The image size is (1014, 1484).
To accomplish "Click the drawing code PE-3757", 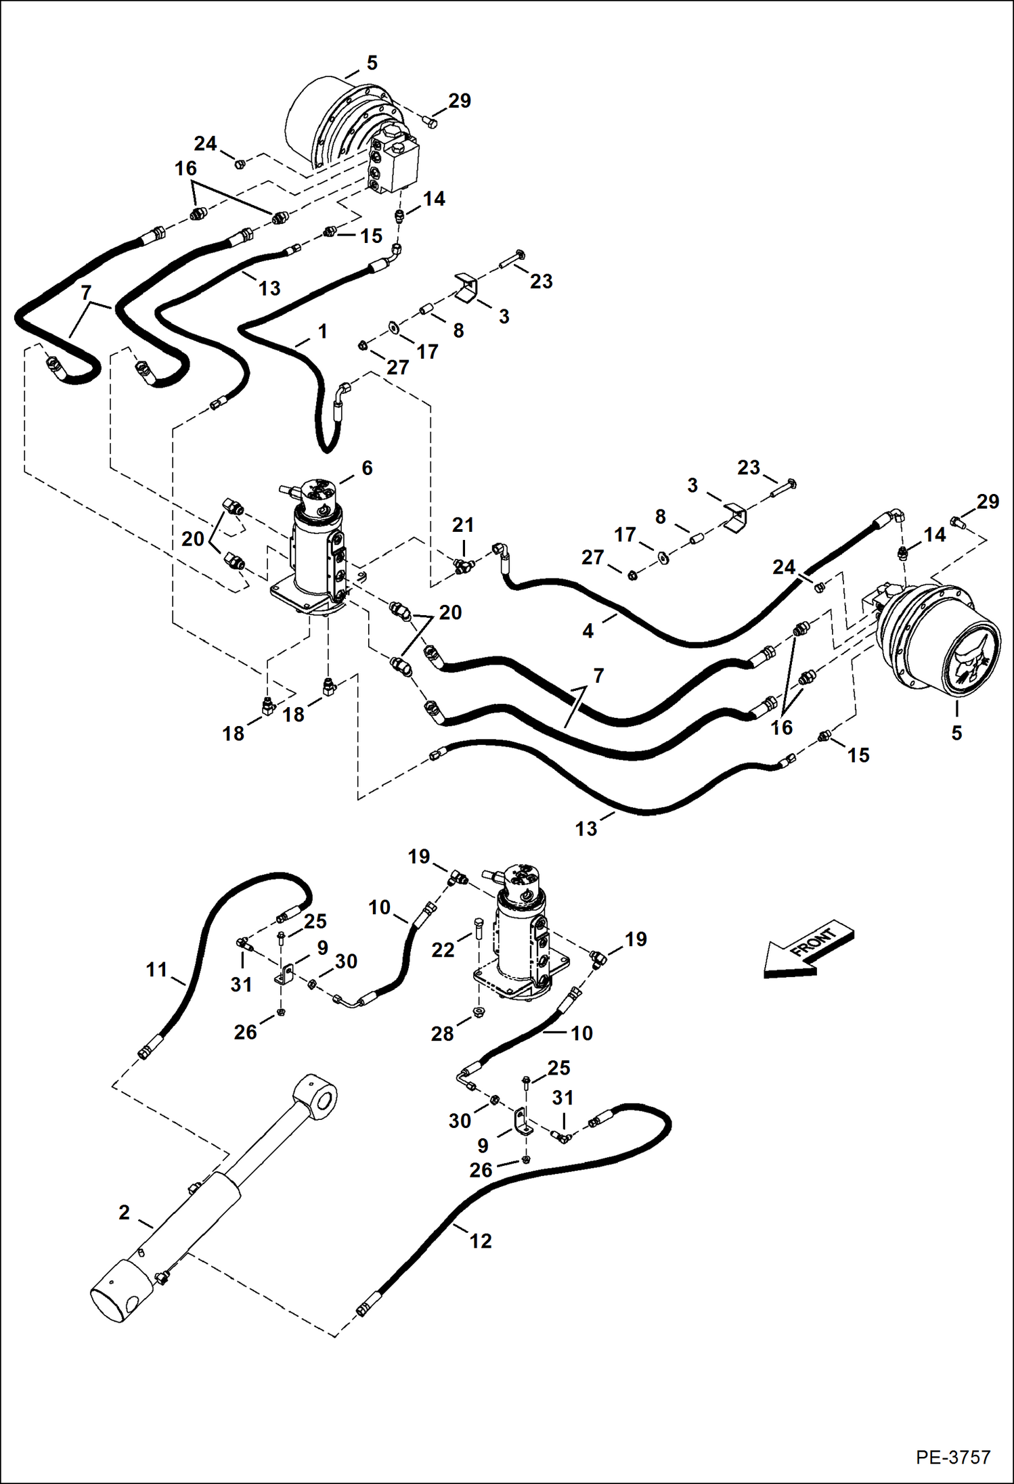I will tap(953, 1457).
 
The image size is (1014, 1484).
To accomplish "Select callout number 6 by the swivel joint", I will tap(367, 468).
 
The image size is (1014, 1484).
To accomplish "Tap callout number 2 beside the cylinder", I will tap(124, 1212).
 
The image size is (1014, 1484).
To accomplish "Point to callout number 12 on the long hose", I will tap(481, 1240).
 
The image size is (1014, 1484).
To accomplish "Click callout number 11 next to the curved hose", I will tap(156, 970).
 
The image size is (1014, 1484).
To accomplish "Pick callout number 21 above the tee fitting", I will tap(463, 524).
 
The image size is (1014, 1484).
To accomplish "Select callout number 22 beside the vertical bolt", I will tap(443, 949).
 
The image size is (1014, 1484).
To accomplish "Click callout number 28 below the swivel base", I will tap(442, 1033).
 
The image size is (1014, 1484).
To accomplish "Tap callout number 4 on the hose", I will tap(588, 631).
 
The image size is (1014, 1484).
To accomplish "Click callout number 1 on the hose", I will tap(323, 331).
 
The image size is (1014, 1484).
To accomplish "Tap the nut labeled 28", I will tap(479, 1012).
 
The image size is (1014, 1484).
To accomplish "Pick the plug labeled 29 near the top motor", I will tap(430, 121).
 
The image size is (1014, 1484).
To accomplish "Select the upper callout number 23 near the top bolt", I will tap(541, 281).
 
